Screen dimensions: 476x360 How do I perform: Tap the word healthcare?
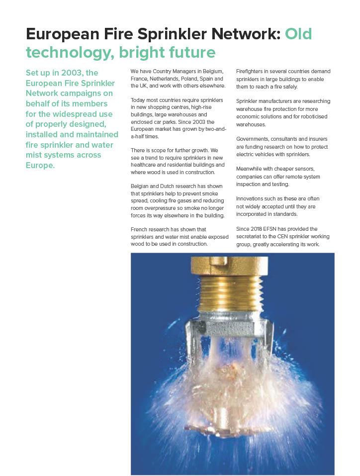tap(146, 165)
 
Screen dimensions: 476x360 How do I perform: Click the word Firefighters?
tap(251, 71)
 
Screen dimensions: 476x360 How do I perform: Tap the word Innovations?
tap(251, 198)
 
